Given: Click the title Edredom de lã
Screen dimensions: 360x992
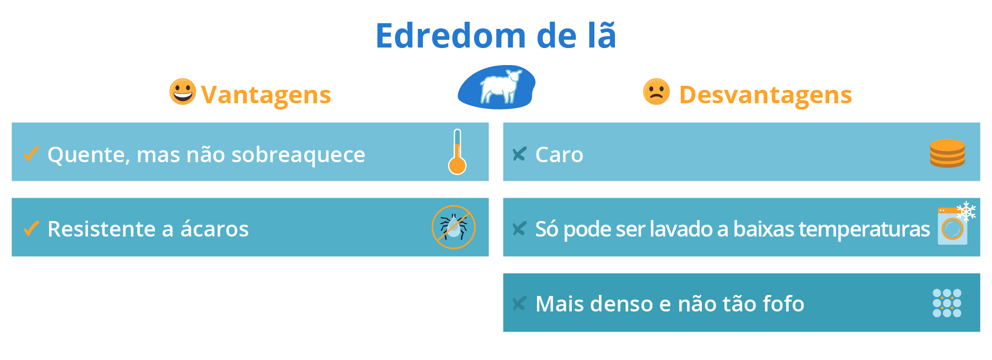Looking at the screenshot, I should click(496, 36).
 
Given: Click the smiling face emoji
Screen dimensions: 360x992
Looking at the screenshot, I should click(183, 91).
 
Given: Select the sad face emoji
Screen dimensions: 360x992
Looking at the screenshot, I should click(656, 92).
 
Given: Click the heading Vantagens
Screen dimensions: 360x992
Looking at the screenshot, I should click(266, 95).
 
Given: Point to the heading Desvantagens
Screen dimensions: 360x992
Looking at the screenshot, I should click(765, 95).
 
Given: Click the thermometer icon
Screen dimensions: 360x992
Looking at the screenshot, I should click(457, 152).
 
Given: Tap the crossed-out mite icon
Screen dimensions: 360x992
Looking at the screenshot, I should click(453, 227).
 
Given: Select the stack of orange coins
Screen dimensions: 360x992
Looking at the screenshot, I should click(947, 153).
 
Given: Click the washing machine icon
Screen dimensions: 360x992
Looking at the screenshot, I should click(952, 228).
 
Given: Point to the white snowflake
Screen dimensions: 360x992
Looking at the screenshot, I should click(966, 211).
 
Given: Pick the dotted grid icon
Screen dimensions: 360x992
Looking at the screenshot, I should click(947, 303).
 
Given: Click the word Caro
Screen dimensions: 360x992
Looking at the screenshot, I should click(559, 154).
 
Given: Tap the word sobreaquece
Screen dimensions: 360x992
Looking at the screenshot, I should click(298, 154).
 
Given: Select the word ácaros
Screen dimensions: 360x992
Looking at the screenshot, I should click(214, 229).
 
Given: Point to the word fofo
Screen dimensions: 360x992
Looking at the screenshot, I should click(783, 304).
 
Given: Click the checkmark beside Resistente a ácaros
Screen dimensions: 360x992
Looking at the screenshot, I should click(32, 228).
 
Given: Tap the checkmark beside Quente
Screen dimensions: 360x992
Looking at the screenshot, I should click(32, 153).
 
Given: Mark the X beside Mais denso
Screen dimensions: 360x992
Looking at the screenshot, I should click(519, 303).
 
